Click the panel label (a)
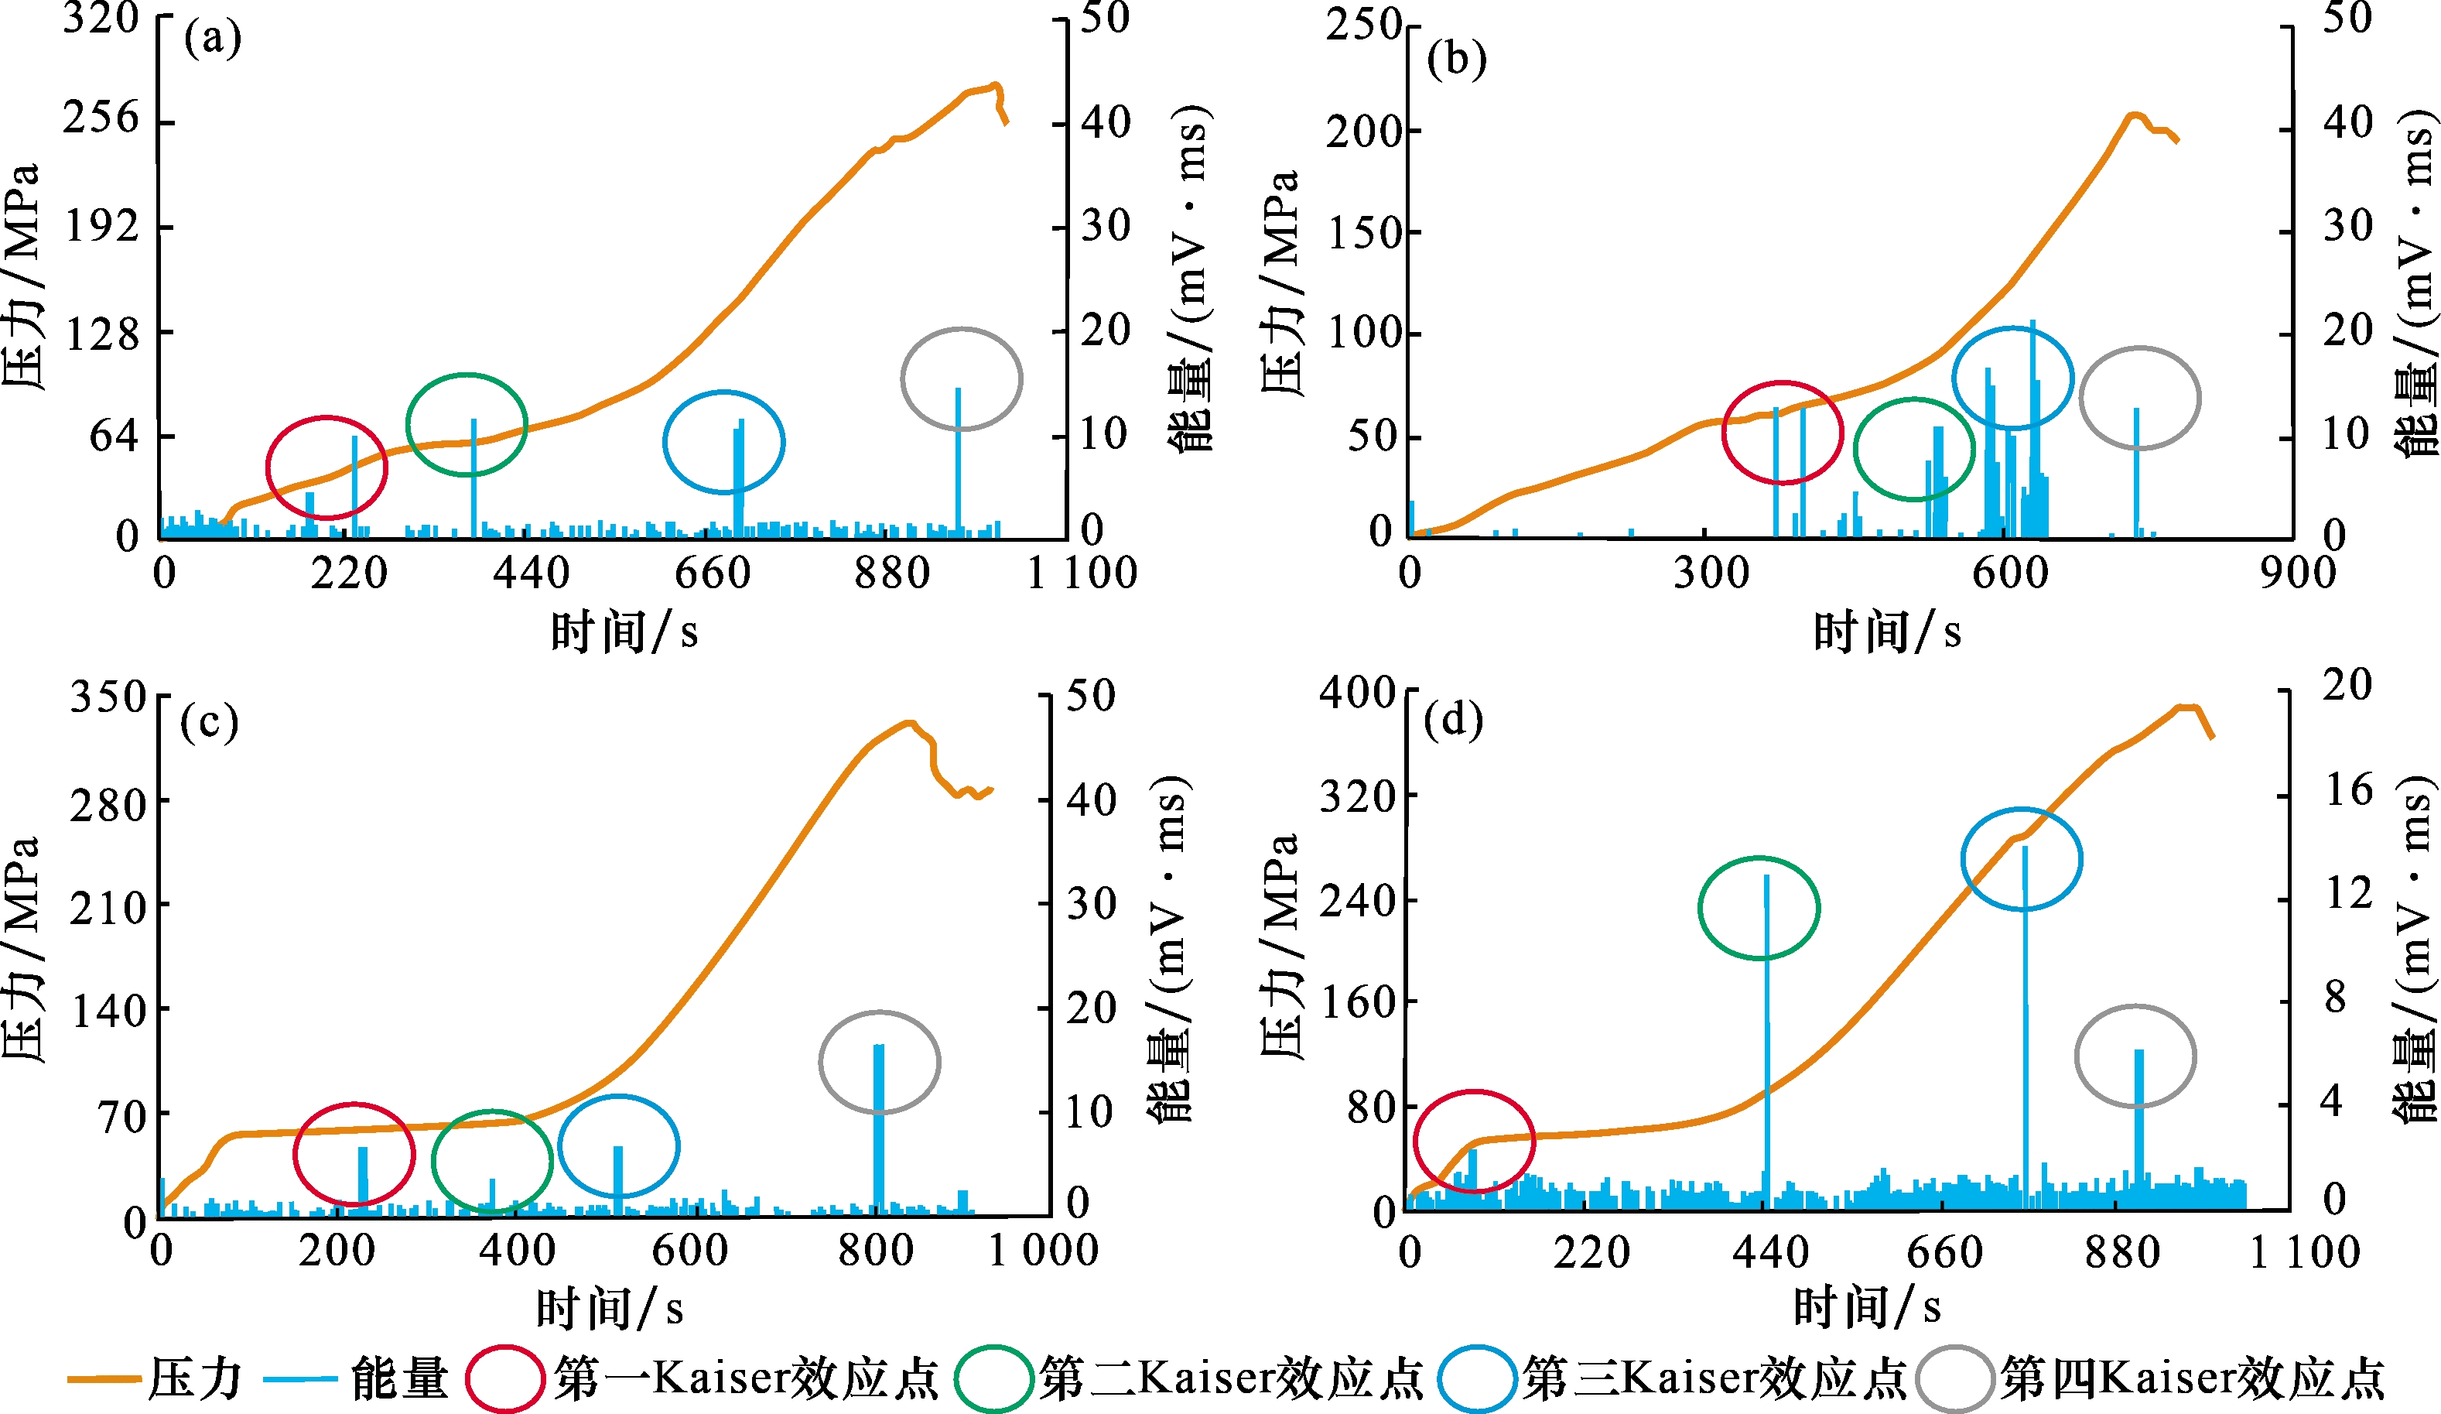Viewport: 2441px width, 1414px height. tap(212, 39)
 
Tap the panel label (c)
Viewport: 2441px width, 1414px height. tap(208, 722)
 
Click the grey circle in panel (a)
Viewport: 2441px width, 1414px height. tap(961, 379)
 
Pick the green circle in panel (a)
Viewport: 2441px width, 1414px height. tap(467, 424)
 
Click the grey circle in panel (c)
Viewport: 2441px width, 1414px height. tap(879, 1062)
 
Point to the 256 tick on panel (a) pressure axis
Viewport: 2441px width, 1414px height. tap(101, 118)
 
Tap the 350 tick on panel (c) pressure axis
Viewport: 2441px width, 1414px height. tap(108, 697)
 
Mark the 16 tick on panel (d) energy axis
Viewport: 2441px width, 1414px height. tap(2348, 790)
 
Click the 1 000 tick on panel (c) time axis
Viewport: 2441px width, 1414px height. tap(1042, 1250)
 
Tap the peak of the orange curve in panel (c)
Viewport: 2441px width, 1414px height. tap(908, 722)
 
